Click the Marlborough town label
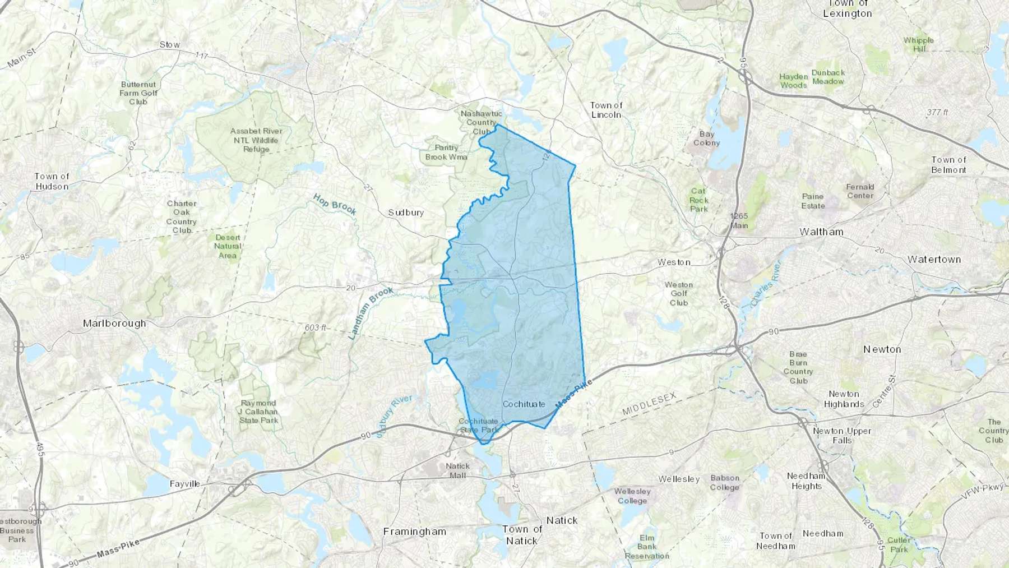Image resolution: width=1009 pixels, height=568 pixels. click(114, 324)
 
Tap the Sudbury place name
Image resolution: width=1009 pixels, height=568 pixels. click(406, 213)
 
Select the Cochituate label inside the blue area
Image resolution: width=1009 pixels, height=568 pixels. click(524, 404)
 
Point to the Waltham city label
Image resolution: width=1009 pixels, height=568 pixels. click(821, 232)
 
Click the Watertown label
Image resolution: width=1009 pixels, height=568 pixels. click(934, 260)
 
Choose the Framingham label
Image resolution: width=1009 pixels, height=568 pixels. click(415, 532)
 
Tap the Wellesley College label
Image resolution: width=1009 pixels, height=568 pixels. click(632, 496)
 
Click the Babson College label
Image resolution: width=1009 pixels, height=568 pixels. click(725, 483)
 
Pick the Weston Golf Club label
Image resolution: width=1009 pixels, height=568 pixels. click(679, 294)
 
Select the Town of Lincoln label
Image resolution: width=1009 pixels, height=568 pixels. click(606, 110)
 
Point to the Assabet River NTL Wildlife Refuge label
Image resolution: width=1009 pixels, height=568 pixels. click(256, 140)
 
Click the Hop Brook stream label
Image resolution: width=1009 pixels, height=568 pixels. click(335, 205)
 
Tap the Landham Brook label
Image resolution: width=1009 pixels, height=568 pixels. click(371, 313)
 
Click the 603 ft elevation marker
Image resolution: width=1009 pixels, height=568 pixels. click(316, 327)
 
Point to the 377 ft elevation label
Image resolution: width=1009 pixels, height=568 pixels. click(937, 112)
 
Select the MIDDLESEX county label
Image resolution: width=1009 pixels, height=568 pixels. click(649, 404)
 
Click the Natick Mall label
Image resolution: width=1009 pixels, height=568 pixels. click(457, 470)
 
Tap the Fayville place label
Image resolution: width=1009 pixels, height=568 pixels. click(184, 483)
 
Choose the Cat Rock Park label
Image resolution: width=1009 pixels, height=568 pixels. click(698, 200)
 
